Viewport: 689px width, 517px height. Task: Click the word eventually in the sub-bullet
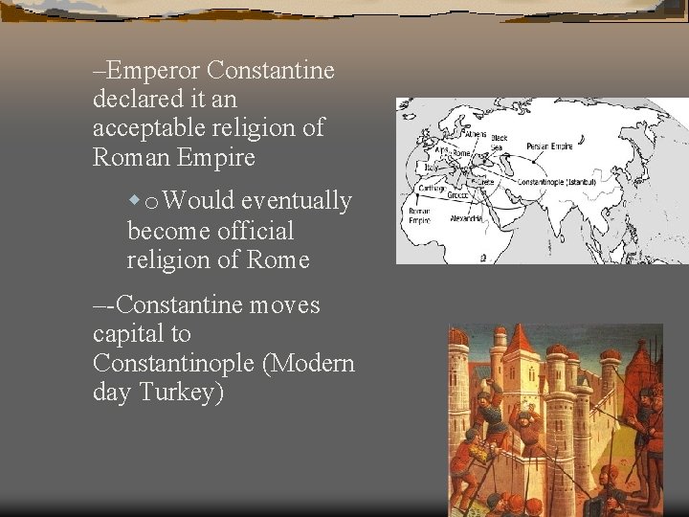tap(297, 201)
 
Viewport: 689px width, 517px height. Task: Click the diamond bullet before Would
tap(135, 201)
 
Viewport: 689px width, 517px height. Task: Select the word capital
tap(127, 335)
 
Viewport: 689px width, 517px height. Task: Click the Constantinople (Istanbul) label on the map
tap(555, 182)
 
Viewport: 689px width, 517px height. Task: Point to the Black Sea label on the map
tap(499, 142)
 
